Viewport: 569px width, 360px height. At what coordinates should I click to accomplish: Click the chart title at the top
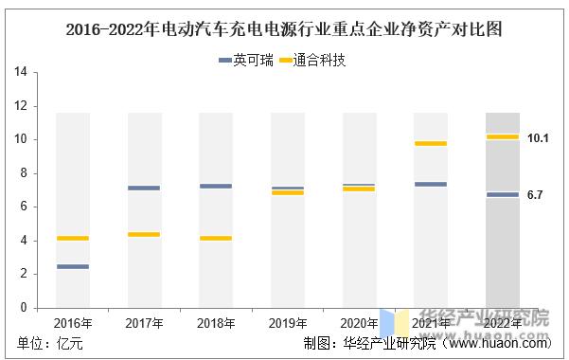tap(284, 28)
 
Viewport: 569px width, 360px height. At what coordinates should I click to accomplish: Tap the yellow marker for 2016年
tap(72, 238)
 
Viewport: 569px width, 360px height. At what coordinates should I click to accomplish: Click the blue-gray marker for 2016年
tap(72, 266)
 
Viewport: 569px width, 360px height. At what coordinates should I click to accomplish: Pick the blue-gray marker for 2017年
tap(144, 188)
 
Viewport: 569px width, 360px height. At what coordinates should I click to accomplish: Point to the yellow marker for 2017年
tap(144, 234)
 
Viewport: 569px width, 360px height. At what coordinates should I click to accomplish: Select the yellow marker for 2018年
tap(216, 238)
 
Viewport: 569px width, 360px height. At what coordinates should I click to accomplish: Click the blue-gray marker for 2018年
tap(216, 186)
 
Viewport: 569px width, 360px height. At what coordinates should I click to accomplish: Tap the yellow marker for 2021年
tap(431, 143)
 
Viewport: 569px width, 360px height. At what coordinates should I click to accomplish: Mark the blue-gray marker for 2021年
tap(431, 184)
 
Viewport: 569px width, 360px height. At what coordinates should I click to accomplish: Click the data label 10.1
tap(538, 138)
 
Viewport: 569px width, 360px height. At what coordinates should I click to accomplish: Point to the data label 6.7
tap(535, 195)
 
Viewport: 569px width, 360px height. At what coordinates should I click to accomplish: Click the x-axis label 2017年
tap(144, 323)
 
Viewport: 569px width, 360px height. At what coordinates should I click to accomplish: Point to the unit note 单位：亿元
tap(50, 344)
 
